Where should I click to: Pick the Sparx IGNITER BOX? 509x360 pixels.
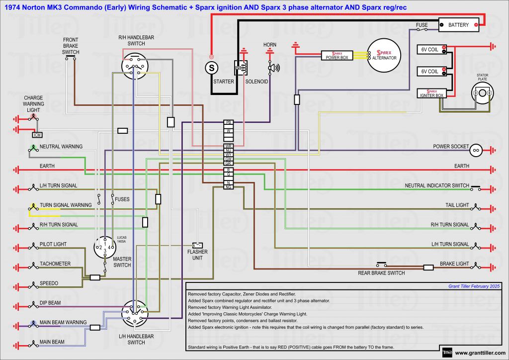point(431,93)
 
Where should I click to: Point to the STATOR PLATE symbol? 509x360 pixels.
point(482,92)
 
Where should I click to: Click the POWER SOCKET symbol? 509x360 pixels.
point(476,149)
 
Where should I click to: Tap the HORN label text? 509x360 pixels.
point(270,45)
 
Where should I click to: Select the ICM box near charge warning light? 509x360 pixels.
point(37,134)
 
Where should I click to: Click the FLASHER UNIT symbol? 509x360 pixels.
point(198,245)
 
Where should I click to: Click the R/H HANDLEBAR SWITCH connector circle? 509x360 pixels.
point(134,66)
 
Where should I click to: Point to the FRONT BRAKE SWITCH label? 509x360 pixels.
point(71,46)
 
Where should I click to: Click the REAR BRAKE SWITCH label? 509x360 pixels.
point(381,273)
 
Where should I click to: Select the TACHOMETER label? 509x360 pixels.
point(55,264)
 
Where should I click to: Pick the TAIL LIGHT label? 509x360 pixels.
point(457,205)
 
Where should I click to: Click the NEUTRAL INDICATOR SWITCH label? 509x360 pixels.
point(437,185)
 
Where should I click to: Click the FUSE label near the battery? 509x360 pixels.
point(422,24)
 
